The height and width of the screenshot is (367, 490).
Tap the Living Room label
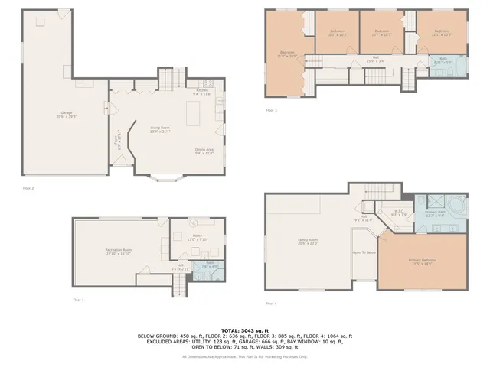click(x=159, y=130)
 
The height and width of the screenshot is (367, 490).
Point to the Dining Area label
click(x=204, y=151)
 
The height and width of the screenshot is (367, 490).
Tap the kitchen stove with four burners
click(x=206, y=82)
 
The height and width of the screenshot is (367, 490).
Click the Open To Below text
click(x=364, y=252)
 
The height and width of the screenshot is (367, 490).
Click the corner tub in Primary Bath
click(x=458, y=206)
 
